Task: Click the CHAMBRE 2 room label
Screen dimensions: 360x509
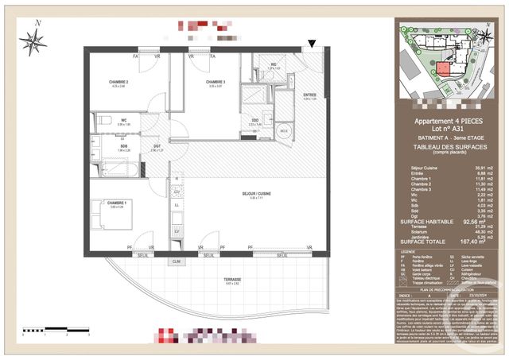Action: click(119, 83)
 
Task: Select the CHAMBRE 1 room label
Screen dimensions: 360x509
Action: click(119, 203)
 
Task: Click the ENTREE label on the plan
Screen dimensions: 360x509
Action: click(309, 95)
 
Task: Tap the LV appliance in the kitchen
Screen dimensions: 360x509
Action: click(177, 231)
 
